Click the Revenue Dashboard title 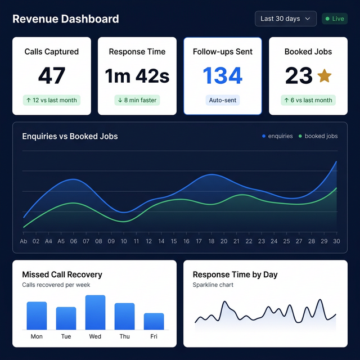tap(65, 19)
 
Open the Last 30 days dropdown tap(285, 19)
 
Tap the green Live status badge tap(334, 19)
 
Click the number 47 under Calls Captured tap(52, 76)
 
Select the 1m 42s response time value tap(137, 76)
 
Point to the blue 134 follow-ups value tap(223, 76)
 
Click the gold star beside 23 tap(325, 76)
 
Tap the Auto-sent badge tap(223, 100)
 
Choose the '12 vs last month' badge tap(52, 100)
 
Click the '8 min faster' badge tap(137, 100)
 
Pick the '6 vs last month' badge tap(308, 100)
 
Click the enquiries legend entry tap(277, 136)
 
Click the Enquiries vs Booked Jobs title tap(70, 136)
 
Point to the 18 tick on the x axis tap(211, 241)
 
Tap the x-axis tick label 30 tap(336, 241)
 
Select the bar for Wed tap(95, 313)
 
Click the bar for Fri tap(154, 321)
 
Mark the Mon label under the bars tap(37, 336)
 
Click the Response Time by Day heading tap(235, 274)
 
